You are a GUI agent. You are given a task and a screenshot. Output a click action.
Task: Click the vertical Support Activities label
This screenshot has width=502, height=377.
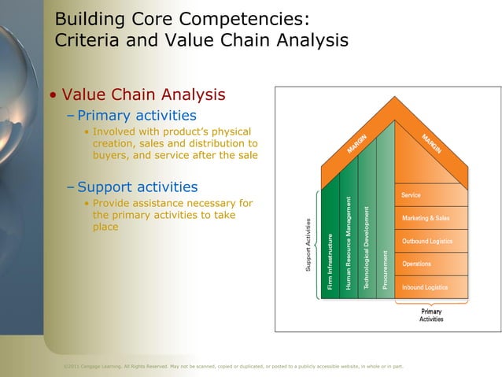309,246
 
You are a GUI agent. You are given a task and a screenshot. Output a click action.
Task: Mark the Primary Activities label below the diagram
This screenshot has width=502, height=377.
431,315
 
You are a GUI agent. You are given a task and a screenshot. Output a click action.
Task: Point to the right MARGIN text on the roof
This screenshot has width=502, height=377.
430,142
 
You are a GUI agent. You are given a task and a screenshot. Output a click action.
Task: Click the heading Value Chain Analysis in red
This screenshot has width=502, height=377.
143,95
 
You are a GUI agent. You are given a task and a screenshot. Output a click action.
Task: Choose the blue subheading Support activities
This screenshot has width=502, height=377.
137,187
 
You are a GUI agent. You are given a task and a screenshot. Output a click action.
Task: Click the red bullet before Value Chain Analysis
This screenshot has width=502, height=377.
53,96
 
